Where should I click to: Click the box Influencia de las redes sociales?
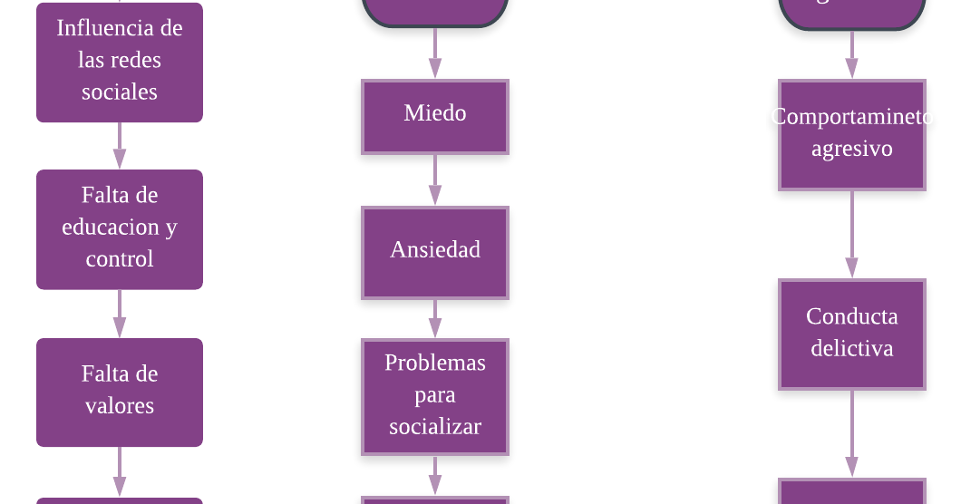pyautogui.click(x=119, y=61)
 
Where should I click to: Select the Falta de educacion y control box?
pyautogui.click(x=119, y=228)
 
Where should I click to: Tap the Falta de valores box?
pyautogui.click(x=119, y=392)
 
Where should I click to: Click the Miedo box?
pyautogui.click(x=435, y=116)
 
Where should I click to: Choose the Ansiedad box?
pyautogui.click(x=435, y=252)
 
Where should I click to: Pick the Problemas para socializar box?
pyautogui.click(x=435, y=396)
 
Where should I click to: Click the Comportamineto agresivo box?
pyautogui.click(x=851, y=134)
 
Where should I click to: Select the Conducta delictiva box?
pyautogui.click(x=851, y=334)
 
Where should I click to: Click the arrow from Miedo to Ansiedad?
pyautogui.click(x=435, y=180)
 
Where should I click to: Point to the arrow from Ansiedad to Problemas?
pyautogui.click(x=435, y=319)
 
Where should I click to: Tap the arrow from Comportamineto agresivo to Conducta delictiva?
pyautogui.click(x=851, y=235)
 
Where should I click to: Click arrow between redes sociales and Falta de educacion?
pyautogui.click(x=119, y=146)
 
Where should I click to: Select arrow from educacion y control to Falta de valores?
pyautogui.click(x=119, y=314)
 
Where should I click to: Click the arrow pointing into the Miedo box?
pyautogui.click(x=435, y=53)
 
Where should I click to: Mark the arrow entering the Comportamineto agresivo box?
pyautogui.click(x=851, y=54)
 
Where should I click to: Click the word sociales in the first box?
pyautogui.click(x=119, y=92)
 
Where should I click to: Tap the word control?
pyautogui.click(x=119, y=259)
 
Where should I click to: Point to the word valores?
pyautogui.click(x=119, y=406)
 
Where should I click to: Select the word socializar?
pyautogui.click(x=435, y=427)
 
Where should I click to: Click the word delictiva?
pyautogui.click(x=851, y=349)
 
